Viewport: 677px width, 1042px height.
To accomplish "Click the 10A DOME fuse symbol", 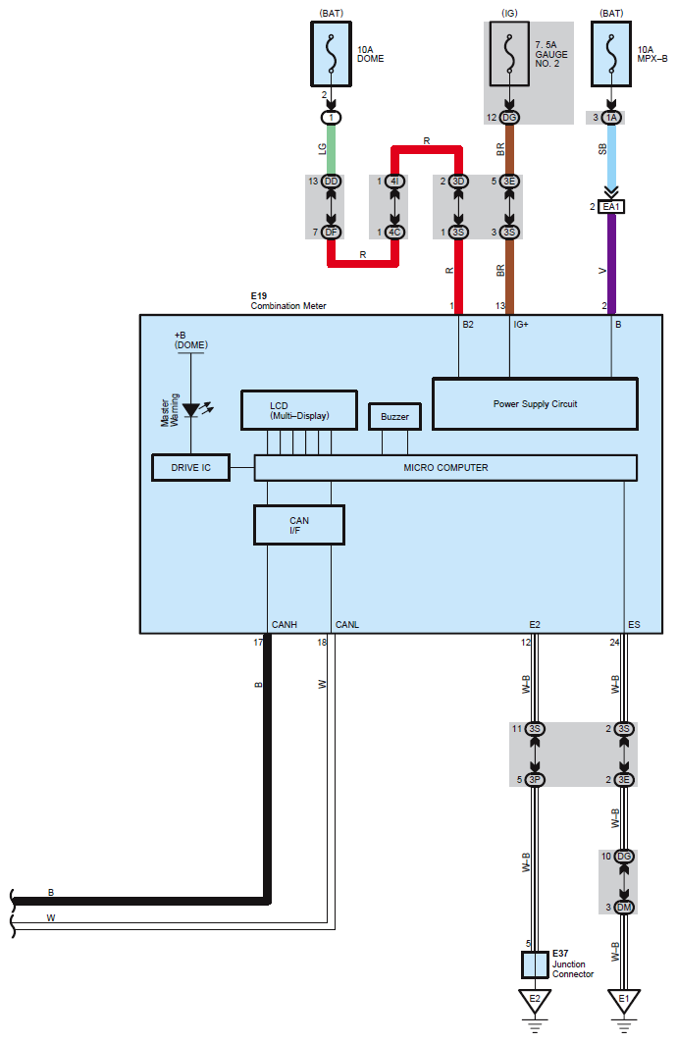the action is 331,54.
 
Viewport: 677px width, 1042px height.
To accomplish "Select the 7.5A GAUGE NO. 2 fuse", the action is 509,54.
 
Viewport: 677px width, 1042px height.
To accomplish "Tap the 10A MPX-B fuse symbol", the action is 611,54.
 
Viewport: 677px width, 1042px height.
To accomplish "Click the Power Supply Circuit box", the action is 535,404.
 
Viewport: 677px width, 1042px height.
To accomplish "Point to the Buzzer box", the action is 394,417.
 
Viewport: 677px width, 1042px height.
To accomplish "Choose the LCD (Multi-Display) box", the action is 299,411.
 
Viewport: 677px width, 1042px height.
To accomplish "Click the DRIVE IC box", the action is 190,468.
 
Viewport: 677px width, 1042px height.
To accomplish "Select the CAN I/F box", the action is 299,525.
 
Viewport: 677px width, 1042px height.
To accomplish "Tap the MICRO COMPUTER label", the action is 445,468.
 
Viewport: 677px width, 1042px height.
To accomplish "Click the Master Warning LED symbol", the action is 192,410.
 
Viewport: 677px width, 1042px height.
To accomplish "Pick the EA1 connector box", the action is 611,207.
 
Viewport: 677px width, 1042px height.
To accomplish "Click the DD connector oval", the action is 331,182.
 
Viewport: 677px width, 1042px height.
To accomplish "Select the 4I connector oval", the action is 394,182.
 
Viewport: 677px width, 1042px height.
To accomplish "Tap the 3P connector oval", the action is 535,779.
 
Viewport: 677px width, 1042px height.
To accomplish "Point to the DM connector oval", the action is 624,908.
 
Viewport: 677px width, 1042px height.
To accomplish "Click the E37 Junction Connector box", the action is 535,964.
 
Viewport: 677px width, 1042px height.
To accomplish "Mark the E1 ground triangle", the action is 624,1001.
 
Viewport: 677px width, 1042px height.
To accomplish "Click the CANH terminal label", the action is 285,625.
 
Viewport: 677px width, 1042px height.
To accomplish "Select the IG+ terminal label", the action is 521,325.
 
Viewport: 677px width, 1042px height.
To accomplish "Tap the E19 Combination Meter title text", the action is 288,301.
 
